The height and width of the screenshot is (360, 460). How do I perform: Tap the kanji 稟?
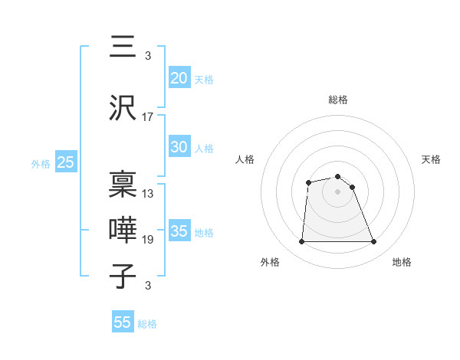(123, 184)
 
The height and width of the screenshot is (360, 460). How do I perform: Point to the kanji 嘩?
(123, 231)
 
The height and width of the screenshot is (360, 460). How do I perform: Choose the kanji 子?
(123, 277)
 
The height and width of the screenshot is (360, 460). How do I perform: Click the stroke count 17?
(148, 117)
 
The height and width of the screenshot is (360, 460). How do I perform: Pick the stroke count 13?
(148, 194)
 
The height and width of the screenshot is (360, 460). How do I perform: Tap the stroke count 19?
(148, 240)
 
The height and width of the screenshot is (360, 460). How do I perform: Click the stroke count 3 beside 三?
(147, 56)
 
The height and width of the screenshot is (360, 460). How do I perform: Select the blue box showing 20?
(179, 77)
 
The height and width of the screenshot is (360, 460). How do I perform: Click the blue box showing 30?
(179, 147)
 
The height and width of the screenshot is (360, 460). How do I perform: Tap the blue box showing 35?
(179, 231)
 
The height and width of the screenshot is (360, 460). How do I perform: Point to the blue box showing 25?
(66, 162)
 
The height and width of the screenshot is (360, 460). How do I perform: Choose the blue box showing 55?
(123, 322)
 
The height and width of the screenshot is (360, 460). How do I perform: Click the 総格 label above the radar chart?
(338, 100)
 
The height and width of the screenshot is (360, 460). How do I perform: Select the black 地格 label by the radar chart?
(402, 262)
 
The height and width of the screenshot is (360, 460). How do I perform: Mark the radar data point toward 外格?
(301, 242)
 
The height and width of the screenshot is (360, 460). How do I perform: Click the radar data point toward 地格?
(374, 242)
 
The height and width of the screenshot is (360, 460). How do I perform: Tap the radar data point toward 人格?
(308, 182)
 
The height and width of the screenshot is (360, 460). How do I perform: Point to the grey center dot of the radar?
(338, 191)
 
